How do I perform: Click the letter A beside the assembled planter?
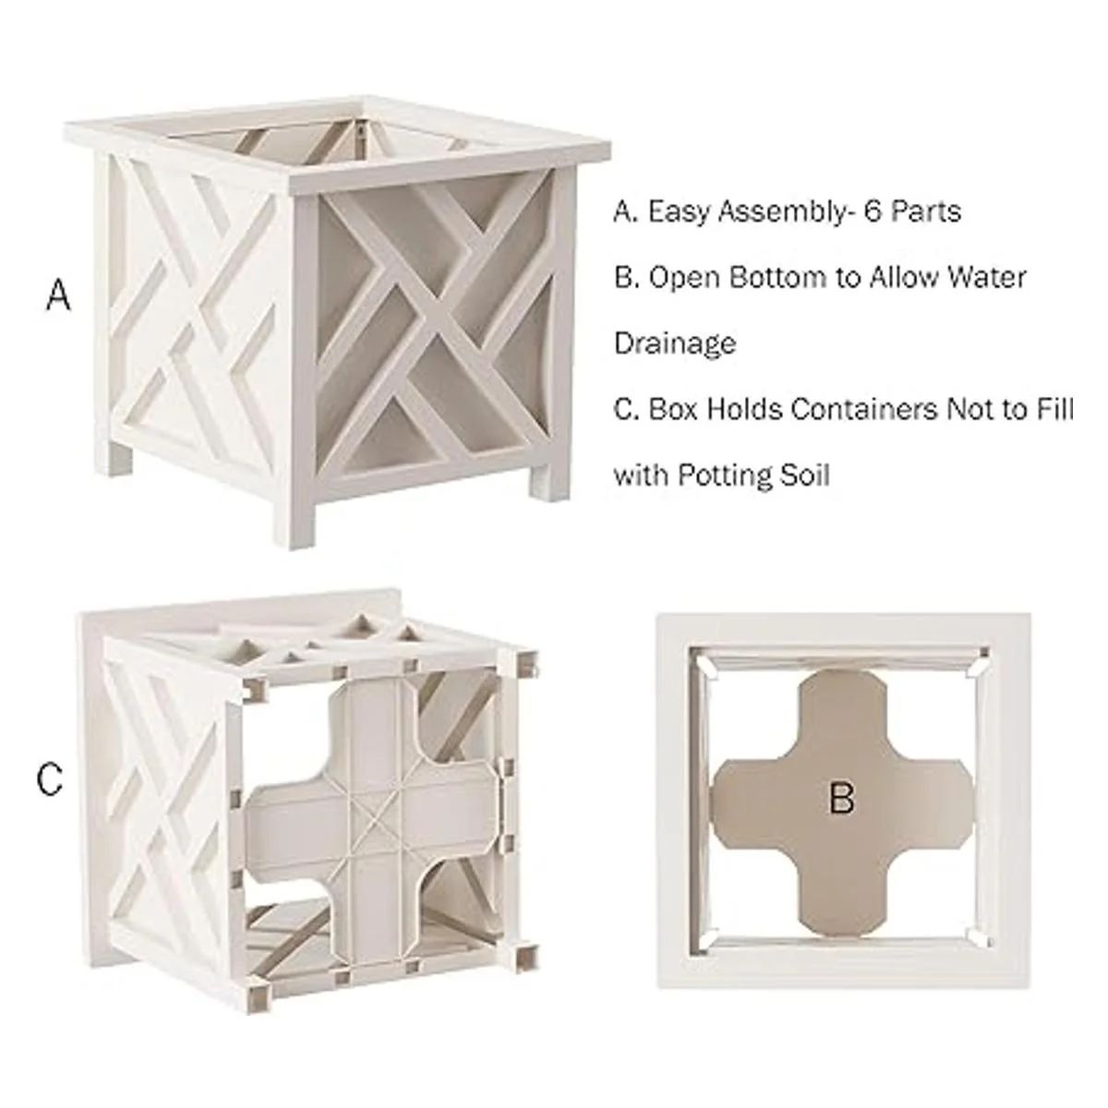point(59,295)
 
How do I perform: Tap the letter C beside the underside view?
point(50,779)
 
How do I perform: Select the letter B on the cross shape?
point(842,799)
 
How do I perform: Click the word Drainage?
point(675,343)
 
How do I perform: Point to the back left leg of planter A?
point(119,459)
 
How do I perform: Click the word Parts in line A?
point(926,211)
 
